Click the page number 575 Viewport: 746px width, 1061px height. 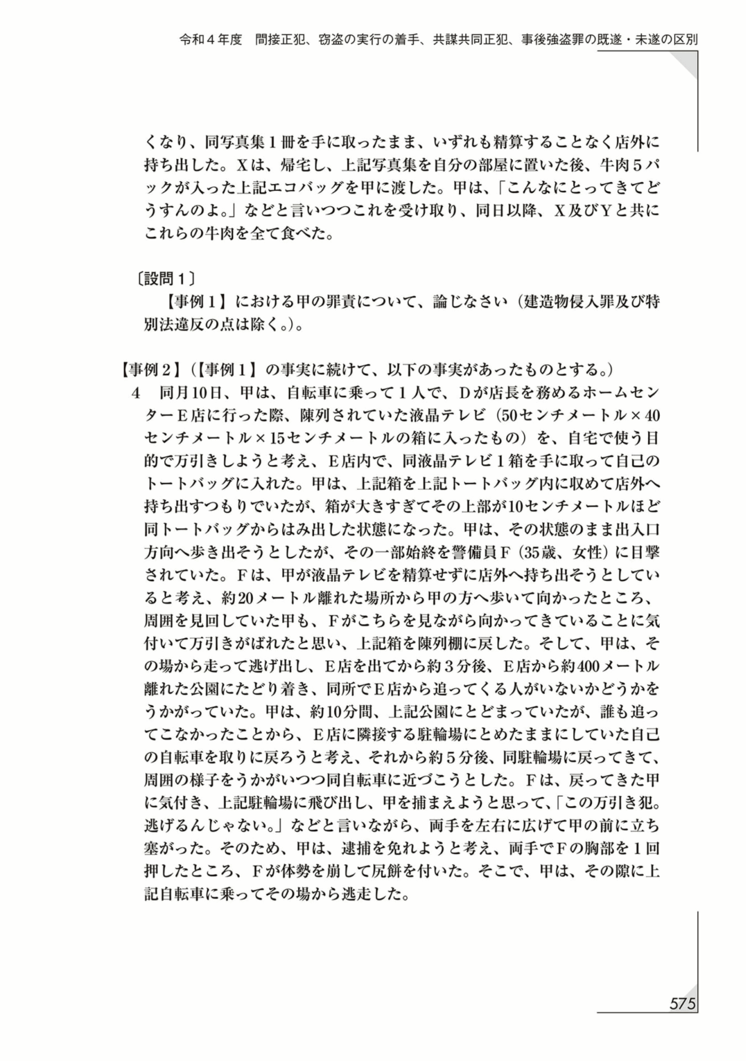[682, 1003]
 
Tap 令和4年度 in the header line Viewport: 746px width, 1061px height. [211, 40]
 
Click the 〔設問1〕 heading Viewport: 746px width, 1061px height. [166, 279]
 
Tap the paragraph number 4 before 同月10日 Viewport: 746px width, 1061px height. [135, 393]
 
